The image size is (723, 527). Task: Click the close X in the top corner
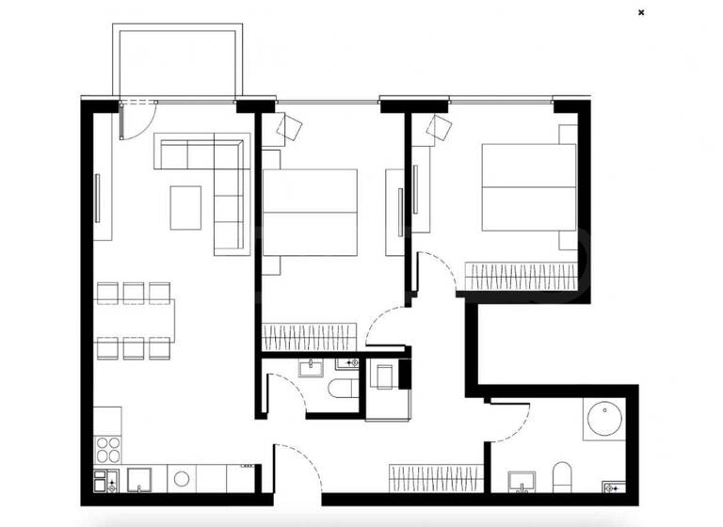click(x=641, y=12)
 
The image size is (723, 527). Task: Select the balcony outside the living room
click(x=173, y=61)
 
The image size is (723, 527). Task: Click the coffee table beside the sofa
click(x=185, y=207)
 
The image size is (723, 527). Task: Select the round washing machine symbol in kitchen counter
click(x=184, y=477)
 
